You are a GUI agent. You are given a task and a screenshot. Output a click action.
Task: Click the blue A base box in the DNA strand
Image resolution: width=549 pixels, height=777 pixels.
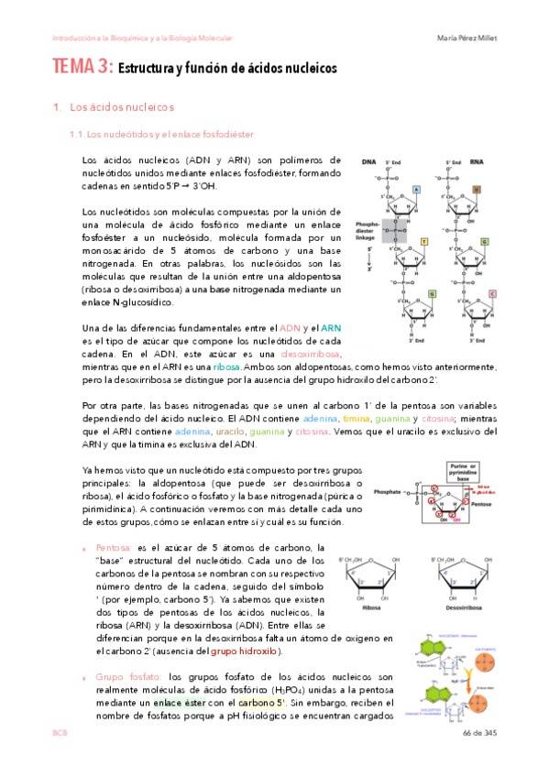click(x=415, y=190)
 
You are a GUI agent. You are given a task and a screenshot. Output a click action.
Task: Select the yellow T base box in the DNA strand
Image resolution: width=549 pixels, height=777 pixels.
click(x=423, y=242)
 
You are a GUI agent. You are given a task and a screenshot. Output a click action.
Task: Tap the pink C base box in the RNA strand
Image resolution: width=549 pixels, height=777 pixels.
click(x=492, y=293)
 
